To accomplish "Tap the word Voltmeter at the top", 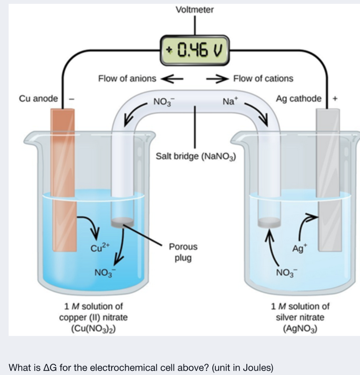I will pos(194,10).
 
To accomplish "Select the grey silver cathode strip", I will pos(328,176).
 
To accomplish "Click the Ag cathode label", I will pos(299,99).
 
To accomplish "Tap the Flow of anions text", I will pos(127,78).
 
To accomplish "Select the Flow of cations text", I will pos(263,78).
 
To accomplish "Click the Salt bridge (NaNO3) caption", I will pos(195,156).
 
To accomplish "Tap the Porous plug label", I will pos(183,252).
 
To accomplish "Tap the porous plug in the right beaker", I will pos(269,222).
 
